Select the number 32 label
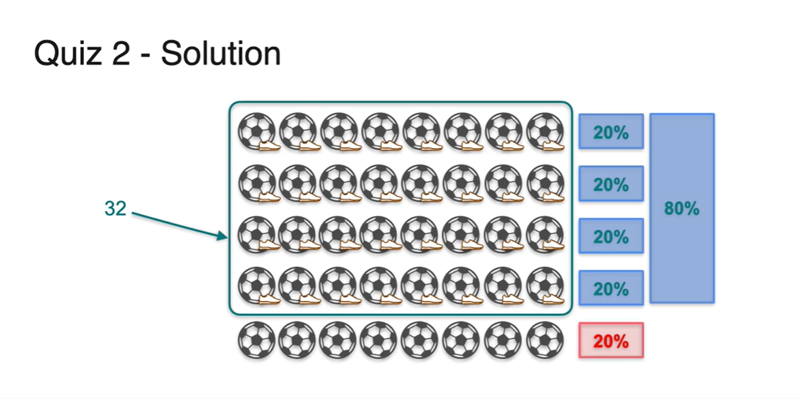pos(115,209)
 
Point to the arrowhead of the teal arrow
pos(224,237)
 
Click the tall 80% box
pos(682,209)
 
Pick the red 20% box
pos(611,341)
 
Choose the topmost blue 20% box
pos(611,132)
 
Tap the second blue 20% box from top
pos(611,184)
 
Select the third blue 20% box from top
pos(611,236)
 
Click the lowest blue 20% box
pos(611,288)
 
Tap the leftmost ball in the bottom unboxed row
pos(256,340)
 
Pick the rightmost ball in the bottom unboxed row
pos(544,340)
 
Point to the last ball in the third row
pos(544,234)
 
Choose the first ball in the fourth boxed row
pos(256,285)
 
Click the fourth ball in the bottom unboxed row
pos(379,340)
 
